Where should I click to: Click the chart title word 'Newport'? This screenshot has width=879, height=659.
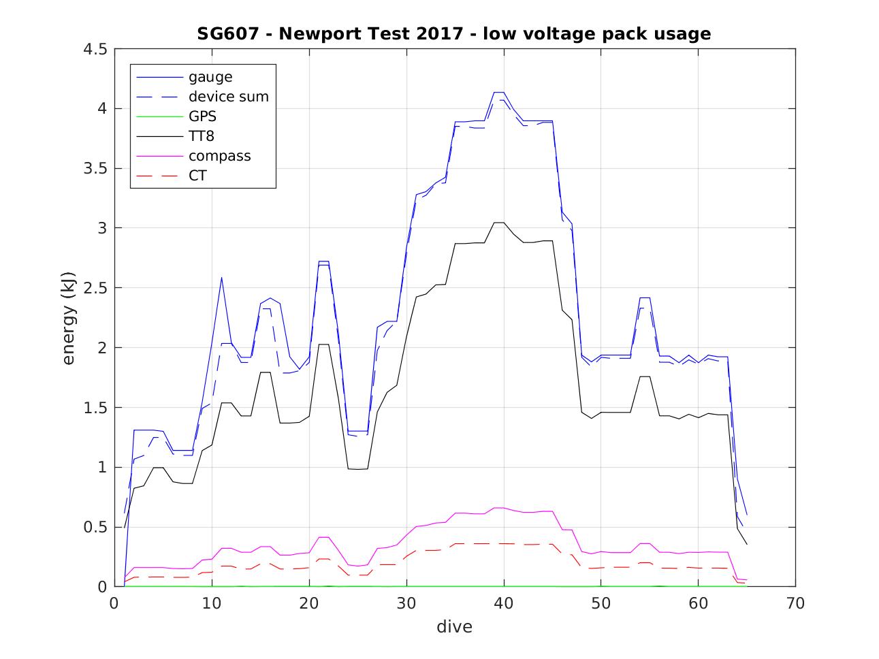coord(310,33)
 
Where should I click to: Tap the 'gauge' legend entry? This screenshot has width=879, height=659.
coord(210,77)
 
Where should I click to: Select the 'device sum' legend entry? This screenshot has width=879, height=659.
coord(228,97)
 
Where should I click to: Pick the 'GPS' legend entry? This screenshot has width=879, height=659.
coord(202,116)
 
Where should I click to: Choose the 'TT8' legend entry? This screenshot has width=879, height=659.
coord(202,136)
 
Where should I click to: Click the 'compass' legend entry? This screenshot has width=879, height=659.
coord(219,156)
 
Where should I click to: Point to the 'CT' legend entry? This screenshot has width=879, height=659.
coord(197,176)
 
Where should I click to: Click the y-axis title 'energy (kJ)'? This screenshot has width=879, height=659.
coord(69,318)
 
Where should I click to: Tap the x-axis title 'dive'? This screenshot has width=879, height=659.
coord(454,626)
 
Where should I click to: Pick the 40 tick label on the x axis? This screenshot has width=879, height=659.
coord(504,603)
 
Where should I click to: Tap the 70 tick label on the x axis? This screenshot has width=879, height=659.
coord(795,603)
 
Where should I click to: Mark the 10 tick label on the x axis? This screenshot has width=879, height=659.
coord(212,603)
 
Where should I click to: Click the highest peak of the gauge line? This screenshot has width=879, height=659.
coord(498,92)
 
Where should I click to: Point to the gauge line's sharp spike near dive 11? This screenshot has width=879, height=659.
coord(221,277)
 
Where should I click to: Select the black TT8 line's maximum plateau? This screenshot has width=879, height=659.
coord(498,223)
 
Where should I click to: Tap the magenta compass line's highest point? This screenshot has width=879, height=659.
coord(498,508)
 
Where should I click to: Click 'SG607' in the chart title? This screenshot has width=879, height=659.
coord(227,33)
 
